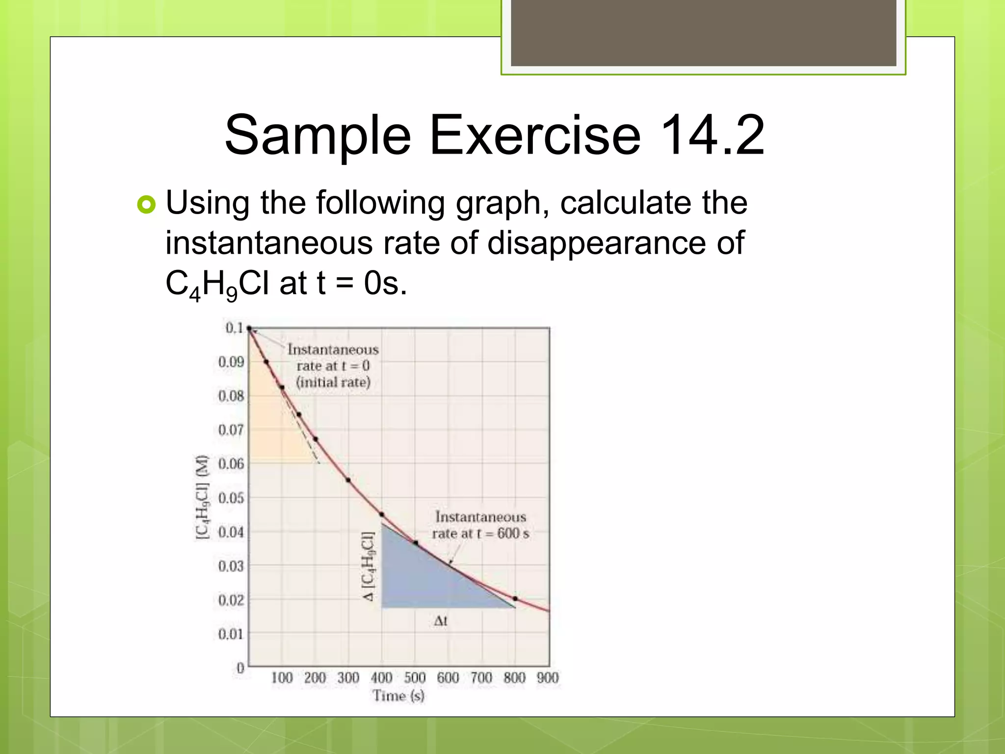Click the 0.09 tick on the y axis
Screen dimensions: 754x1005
point(231,362)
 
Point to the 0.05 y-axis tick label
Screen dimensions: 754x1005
point(231,498)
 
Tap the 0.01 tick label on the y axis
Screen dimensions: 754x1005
point(231,634)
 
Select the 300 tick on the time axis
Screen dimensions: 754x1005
point(348,678)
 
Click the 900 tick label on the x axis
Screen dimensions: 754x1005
point(548,678)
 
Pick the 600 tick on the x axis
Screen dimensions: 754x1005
point(448,678)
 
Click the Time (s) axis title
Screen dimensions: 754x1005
point(398,696)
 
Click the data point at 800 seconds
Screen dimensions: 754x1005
point(515,599)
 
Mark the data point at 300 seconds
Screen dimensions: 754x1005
point(348,480)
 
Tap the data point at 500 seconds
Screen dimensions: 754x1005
point(416,543)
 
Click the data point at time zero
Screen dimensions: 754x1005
point(249,328)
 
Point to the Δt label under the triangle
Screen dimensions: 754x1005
point(441,621)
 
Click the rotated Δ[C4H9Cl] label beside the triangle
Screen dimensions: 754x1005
point(368,566)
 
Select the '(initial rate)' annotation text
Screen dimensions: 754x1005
point(333,382)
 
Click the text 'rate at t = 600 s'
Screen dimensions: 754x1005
point(480,534)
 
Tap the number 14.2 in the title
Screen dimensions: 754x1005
point(712,135)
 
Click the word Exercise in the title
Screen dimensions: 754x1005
point(535,135)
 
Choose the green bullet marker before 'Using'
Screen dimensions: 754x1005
point(146,204)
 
